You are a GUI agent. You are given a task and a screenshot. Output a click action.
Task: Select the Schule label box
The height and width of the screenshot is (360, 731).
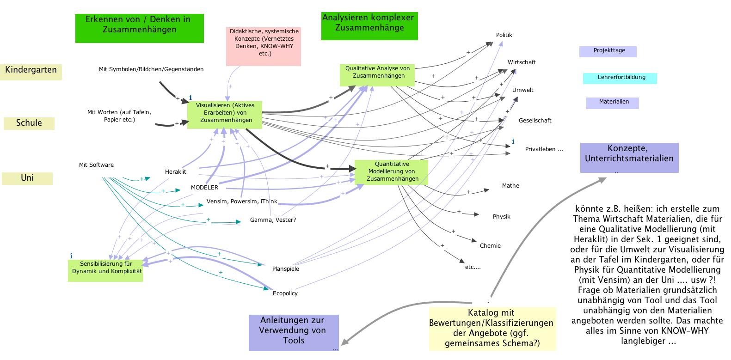pyautogui.click(x=29, y=123)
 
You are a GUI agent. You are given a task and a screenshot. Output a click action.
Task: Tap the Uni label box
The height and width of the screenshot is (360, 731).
pyautogui.click(x=27, y=178)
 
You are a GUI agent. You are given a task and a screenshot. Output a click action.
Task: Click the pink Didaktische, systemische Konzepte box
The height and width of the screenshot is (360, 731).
pyautogui.click(x=263, y=46)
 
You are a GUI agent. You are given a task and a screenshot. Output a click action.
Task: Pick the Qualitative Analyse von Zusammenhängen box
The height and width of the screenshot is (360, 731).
pyautogui.click(x=377, y=74)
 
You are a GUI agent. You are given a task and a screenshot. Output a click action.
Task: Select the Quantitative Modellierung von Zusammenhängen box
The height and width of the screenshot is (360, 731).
pyautogui.click(x=391, y=171)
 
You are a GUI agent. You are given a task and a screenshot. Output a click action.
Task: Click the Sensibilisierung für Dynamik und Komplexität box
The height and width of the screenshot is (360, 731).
pyautogui.click(x=106, y=270)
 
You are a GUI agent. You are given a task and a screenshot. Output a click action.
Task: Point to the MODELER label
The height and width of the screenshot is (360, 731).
pyautogui.click(x=204, y=188)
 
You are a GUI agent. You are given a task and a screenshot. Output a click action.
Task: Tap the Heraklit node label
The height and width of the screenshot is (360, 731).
pyautogui.click(x=175, y=172)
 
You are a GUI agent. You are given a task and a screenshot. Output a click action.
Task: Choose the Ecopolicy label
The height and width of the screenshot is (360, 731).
pyautogui.click(x=285, y=293)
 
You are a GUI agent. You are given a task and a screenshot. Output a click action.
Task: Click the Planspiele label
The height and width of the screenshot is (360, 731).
pyautogui.click(x=286, y=269)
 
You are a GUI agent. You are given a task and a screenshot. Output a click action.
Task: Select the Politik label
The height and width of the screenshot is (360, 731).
pyautogui.click(x=504, y=35)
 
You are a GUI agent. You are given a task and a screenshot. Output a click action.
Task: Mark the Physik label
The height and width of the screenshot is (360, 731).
pyautogui.click(x=501, y=217)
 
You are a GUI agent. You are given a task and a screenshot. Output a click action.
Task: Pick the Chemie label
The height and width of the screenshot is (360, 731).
pyautogui.click(x=490, y=246)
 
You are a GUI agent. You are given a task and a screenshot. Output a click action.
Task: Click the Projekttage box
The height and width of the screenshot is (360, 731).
pyautogui.click(x=608, y=51)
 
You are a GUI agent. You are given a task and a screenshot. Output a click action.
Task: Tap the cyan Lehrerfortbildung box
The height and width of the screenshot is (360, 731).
pyautogui.click(x=620, y=78)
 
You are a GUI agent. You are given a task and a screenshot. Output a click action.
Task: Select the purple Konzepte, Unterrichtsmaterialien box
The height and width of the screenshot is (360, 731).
pyautogui.click(x=629, y=158)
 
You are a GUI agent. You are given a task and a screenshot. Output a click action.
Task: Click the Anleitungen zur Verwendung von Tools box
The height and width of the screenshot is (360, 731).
pyautogui.click(x=294, y=333)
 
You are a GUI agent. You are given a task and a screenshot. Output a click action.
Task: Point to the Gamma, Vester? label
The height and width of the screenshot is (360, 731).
pyautogui.click(x=273, y=220)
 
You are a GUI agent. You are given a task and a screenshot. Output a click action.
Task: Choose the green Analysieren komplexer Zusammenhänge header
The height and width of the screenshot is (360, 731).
pyautogui.click(x=369, y=26)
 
